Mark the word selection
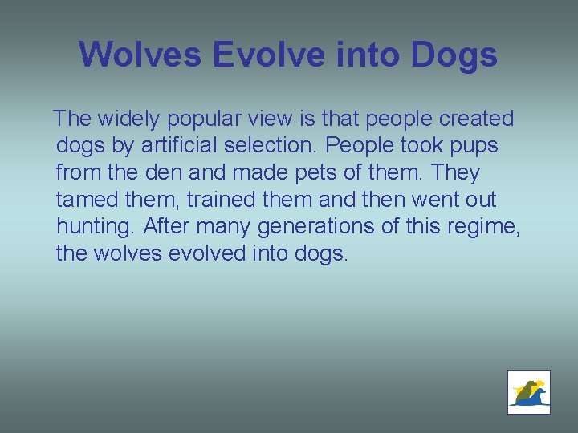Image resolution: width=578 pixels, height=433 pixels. (263, 146)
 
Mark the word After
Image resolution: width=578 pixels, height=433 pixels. (165, 226)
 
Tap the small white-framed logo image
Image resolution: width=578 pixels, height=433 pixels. (529, 392)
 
